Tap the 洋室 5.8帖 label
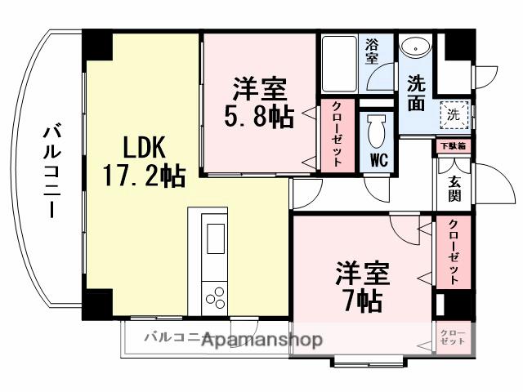point(259,100)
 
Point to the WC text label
point(378,158)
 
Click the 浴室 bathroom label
point(372,51)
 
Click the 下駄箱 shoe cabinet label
point(453,146)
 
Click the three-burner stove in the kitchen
point(217,296)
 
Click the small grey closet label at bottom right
point(452,336)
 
